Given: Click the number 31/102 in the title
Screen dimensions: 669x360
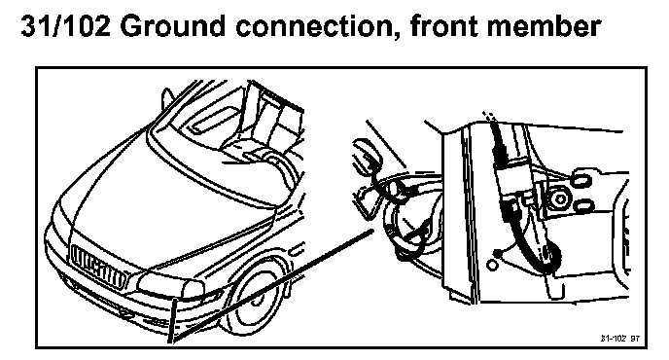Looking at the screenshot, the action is pos(66,26).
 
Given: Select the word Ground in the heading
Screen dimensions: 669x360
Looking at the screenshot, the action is pos(173,26).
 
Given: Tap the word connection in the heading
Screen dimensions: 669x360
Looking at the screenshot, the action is pos(317,27).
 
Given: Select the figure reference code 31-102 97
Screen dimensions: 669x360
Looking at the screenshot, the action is pos(620,339).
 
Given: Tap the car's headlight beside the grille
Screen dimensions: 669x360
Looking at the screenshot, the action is pos(170,286).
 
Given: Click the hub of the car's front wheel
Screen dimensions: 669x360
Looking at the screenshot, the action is pos(256,298).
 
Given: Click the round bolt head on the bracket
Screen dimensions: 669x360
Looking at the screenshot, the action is pos(559,199).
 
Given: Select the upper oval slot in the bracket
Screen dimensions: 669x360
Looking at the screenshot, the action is pos(581,178).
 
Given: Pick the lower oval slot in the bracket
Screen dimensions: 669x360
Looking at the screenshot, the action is pos(582,206).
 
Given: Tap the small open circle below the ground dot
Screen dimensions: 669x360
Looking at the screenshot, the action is pos(492,266).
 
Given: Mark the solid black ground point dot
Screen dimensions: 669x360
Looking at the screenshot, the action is pos(497,255).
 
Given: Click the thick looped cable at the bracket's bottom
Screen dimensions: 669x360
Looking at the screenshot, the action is pos(550,256).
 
